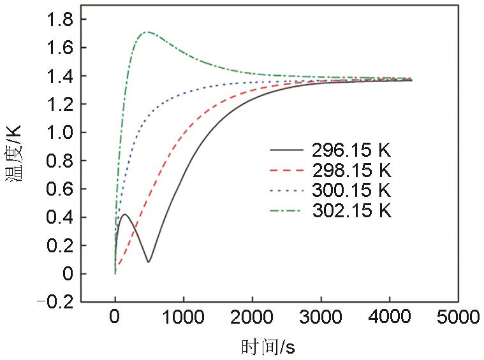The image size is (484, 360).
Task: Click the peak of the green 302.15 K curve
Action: click(x=147, y=32)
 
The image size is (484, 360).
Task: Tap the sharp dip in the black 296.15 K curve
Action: click(x=149, y=262)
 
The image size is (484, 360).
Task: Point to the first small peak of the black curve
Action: click(x=125, y=214)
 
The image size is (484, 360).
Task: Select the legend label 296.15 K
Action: click(x=351, y=151)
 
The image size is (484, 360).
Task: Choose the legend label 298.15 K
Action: click(x=351, y=171)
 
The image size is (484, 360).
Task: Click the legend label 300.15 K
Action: click(x=351, y=191)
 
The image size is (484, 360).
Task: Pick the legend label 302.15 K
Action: click(x=351, y=210)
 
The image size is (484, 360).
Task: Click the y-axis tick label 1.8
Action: click(x=59, y=20)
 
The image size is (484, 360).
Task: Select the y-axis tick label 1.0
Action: click(x=59, y=133)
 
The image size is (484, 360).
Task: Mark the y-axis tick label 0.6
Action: click(x=59, y=189)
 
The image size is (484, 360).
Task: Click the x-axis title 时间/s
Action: click(x=268, y=347)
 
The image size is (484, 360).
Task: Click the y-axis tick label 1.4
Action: click(x=59, y=76)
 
